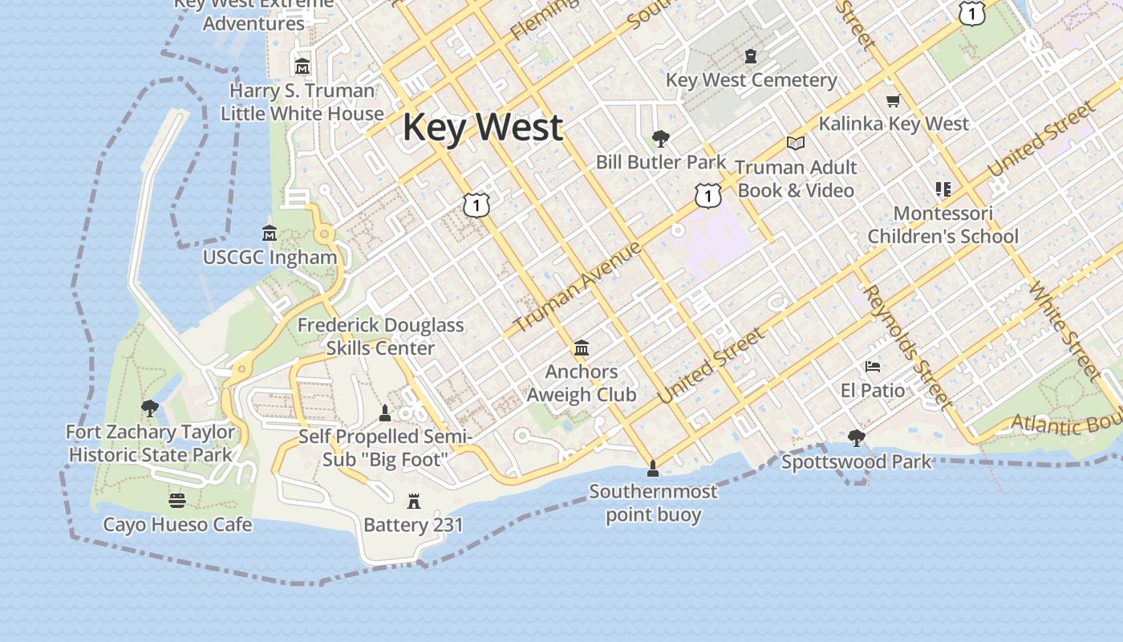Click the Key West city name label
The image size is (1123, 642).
pos(482,128)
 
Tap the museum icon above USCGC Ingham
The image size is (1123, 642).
pos(270,234)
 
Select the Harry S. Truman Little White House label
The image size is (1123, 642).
pos(302,102)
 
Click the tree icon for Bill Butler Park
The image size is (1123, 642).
pos(661,139)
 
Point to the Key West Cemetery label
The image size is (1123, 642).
pos(751,80)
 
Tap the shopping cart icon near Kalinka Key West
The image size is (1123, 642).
pos(893,101)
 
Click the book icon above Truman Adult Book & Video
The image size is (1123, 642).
pos(795,143)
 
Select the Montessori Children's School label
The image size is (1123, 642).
pos(943,225)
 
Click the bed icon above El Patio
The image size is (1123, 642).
pos(873,368)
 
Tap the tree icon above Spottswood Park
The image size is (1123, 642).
pos(856,438)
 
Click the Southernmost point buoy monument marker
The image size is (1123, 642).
pos(653,468)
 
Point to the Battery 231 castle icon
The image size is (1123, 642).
pos(414,502)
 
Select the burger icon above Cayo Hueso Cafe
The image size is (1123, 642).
pos(177,501)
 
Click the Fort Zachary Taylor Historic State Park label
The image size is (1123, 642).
pos(150,443)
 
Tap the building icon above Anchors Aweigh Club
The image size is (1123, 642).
pos(582,348)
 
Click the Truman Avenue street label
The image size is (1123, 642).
pos(578,286)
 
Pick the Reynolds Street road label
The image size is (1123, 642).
pos(910,347)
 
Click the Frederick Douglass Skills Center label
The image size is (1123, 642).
pos(380,336)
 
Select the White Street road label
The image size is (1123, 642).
pos(1065,329)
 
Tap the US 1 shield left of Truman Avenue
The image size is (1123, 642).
pos(476,205)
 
